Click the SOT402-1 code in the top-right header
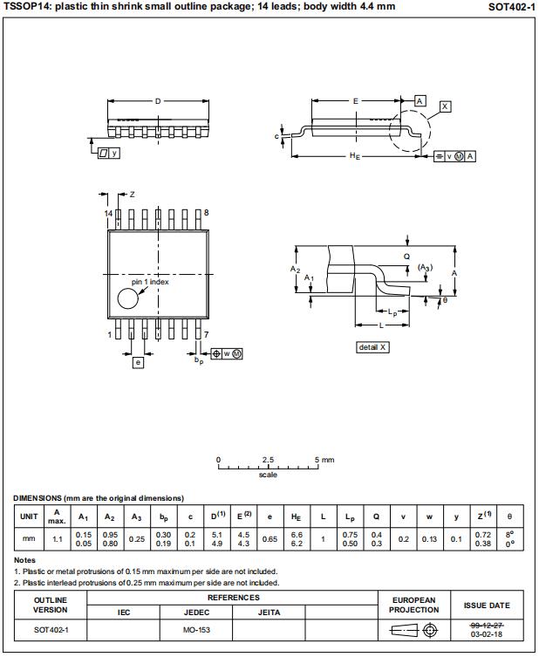click(512, 6)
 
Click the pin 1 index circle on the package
click(128, 299)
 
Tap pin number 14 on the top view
click(109, 213)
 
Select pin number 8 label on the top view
click(207, 213)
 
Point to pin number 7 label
click(206, 334)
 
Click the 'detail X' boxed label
click(372, 347)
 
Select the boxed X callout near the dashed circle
click(446, 106)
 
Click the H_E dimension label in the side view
click(355, 156)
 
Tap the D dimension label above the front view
click(158, 101)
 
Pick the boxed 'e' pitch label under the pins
click(138, 362)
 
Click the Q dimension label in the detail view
click(406, 257)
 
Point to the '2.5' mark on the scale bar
click(268, 459)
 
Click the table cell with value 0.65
click(270, 539)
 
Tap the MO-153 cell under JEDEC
click(196, 629)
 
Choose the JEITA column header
click(269, 613)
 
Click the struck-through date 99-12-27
click(488, 625)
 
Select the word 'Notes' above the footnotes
click(24, 560)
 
